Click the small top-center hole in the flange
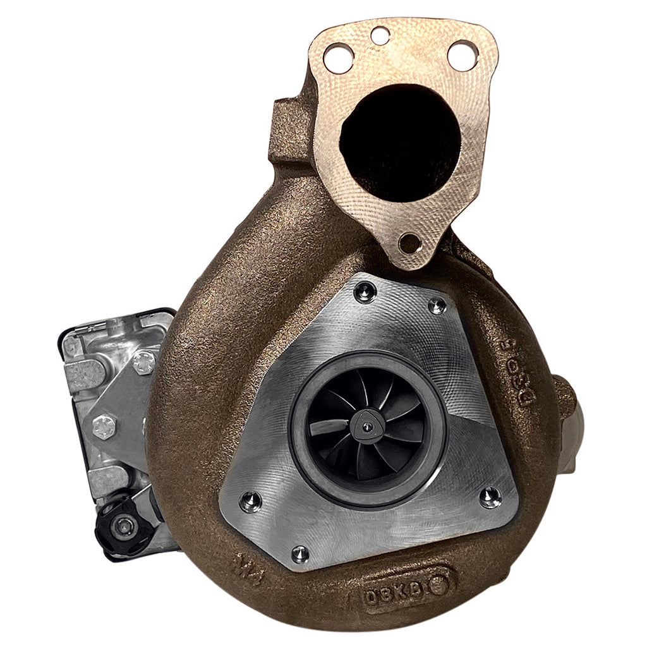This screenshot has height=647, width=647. (380, 35)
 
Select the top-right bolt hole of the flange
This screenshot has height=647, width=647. (461, 56)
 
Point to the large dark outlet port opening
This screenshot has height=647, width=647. (401, 142)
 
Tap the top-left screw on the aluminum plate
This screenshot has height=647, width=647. (364, 291)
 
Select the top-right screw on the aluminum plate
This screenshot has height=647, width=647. (437, 306)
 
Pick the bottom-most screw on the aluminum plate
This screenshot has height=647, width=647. (301, 553)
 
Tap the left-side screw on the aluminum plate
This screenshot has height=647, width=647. (251, 501)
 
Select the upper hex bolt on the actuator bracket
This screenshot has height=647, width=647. (144, 363)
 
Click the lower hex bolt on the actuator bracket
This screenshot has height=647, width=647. (104, 426)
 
